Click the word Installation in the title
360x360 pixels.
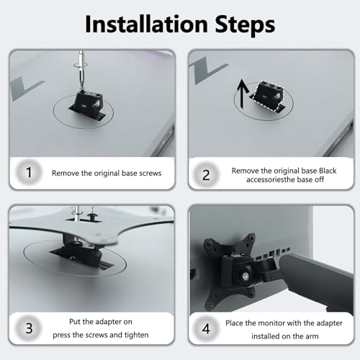click(146, 24)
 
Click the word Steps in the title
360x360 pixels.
click(245, 25)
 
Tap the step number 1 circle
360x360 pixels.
click(29, 172)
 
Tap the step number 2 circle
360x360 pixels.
click(206, 175)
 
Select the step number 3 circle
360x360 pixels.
click(29, 328)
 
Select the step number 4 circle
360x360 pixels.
click(206, 328)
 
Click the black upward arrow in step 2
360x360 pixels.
click(243, 94)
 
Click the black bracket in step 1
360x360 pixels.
click(89, 104)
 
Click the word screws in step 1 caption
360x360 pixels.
click(150, 173)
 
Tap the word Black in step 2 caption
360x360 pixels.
click(328, 171)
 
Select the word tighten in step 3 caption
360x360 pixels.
click(136, 335)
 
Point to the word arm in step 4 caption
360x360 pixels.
click(312, 336)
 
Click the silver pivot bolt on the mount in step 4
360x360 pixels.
click(245, 277)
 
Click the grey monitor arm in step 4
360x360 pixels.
click(317, 281)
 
